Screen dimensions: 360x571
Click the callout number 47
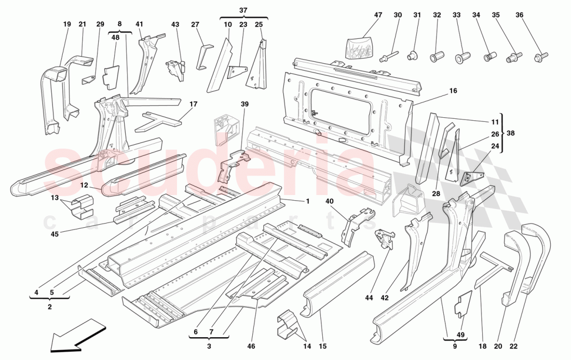click(378, 15)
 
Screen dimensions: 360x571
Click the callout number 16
click(453, 91)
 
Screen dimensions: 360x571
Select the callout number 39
click(244, 104)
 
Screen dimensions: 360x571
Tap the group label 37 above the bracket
click(243, 10)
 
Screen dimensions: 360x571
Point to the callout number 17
click(193, 104)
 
